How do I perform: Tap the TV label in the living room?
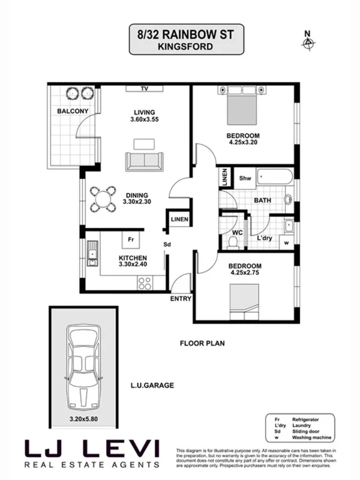point(144,89)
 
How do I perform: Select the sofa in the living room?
point(144,161)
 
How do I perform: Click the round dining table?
point(103,199)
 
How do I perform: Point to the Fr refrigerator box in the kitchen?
point(131,240)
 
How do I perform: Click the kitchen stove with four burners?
point(145,282)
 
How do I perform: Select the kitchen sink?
point(92,254)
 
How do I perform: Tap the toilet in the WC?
point(233,241)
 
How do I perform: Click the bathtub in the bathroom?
point(274,178)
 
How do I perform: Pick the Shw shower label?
point(245,178)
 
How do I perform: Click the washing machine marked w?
point(286,242)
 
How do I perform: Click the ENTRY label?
point(181,298)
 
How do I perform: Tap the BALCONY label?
point(73,112)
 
